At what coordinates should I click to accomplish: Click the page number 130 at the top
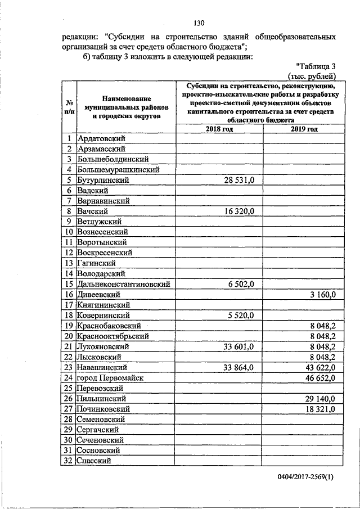197,23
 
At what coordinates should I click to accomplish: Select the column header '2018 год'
220,129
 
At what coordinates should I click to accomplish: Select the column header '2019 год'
304,129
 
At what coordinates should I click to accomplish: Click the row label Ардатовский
102,138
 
